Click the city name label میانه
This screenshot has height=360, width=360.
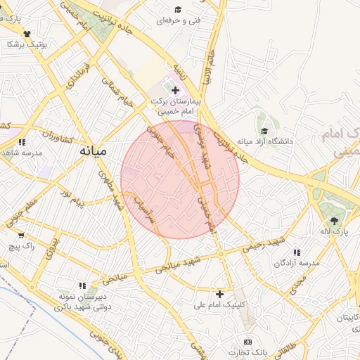point(93,151)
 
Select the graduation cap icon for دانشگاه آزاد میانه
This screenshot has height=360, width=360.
point(264,131)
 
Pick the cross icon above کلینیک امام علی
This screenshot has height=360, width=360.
point(220,293)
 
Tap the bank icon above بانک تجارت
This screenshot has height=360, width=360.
point(246,341)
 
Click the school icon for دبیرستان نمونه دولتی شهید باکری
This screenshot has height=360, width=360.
point(82,286)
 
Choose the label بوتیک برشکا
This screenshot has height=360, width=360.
point(27,44)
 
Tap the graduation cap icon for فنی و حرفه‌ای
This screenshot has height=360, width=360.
point(178,10)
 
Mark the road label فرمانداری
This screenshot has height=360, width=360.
point(77,78)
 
